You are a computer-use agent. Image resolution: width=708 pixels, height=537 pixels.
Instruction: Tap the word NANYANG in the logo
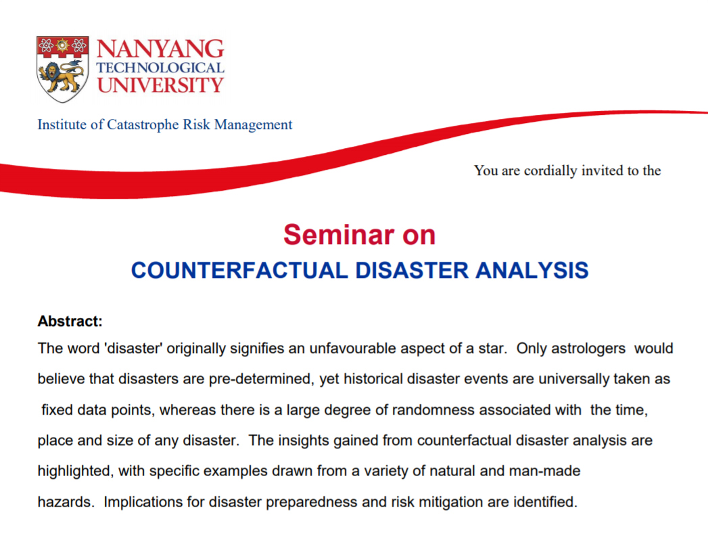pos(160,49)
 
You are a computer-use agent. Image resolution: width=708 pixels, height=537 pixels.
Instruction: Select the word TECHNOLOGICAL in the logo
pos(160,68)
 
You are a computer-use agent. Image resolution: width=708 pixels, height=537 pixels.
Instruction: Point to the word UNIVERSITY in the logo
pos(160,85)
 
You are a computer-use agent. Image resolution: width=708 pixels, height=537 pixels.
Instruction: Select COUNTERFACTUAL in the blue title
pos(239,270)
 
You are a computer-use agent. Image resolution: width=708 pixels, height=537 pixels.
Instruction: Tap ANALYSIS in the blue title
pos(532,270)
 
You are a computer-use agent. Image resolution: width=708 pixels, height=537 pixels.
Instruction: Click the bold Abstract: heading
pos(70,321)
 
